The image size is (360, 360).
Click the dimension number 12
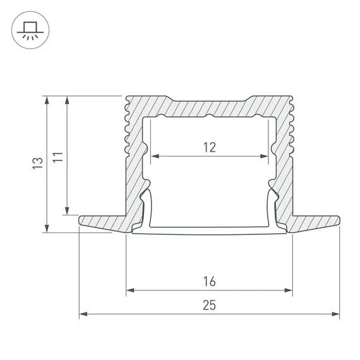click(210, 147)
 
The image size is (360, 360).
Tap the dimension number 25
click(210, 305)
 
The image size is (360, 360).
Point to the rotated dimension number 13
click(38, 164)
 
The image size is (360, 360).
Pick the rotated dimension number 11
click(58, 156)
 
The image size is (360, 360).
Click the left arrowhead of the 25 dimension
click(82, 313)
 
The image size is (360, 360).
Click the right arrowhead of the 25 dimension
click(337, 313)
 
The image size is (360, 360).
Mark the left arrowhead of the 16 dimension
click(129, 291)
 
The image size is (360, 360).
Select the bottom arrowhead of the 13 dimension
click(46, 229)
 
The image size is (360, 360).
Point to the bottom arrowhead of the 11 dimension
click(66, 212)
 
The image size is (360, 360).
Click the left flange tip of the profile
click(81, 220)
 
